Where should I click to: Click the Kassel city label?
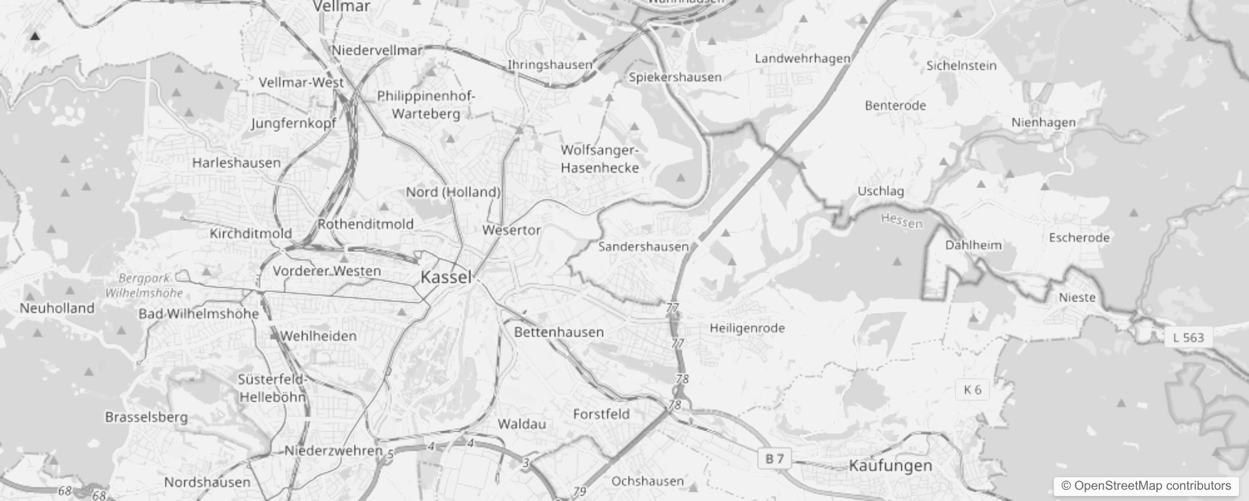coord(446,277)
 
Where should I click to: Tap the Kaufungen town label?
coord(890,465)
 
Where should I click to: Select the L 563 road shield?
coord(1188,338)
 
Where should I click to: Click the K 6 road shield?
coord(972,390)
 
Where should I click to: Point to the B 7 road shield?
coord(775,459)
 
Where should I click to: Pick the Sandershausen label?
coord(643,247)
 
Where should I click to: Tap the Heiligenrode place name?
coord(747,328)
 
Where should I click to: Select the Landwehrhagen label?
coord(803,58)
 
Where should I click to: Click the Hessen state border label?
coord(902,220)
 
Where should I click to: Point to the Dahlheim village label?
coord(973,245)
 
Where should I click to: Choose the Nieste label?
coord(1077,297)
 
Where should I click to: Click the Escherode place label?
coord(1079,237)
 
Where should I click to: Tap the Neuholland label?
coord(57,308)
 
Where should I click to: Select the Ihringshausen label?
coord(549,65)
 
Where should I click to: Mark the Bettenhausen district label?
coord(559,332)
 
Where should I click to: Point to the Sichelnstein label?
coord(961,65)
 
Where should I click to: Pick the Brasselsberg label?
coord(146,417)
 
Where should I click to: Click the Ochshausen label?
coord(648,481)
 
